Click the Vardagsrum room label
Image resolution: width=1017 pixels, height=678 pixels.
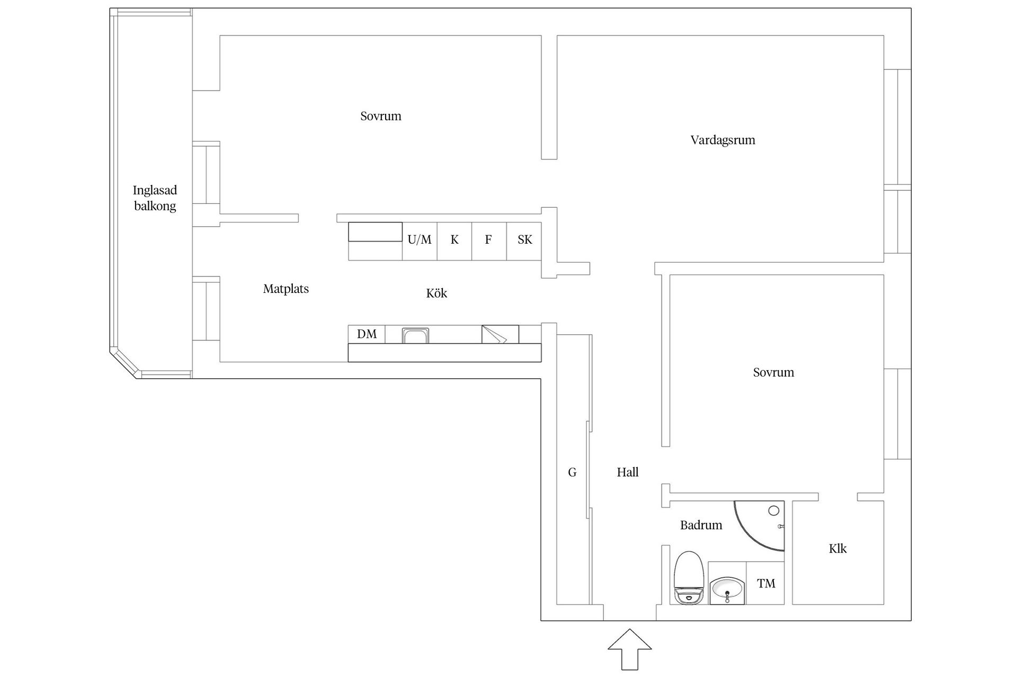pyautogui.click(x=722, y=140)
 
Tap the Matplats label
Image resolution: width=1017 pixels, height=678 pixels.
pyautogui.click(x=286, y=289)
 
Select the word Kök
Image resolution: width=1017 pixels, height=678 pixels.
pyautogui.click(x=436, y=293)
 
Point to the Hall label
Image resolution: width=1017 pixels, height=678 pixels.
pyautogui.click(x=628, y=472)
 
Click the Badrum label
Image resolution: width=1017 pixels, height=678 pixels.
pyautogui.click(x=701, y=525)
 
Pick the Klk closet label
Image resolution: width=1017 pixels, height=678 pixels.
pyautogui.click(x=837, y=548)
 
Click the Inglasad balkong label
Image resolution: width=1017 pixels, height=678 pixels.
pyautogui.click(x=155, y=198)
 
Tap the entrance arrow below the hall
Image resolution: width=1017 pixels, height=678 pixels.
pyautogui.click(x=629, y=649)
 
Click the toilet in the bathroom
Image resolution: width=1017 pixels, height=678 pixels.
pyautogui.click(x=689, y=578)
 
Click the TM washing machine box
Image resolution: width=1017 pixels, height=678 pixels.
pyautogui.click(x=765, y=583)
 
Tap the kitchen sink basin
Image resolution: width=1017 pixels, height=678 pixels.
pyautogui.click(x=415, y=336)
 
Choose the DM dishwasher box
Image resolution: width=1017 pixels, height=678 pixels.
pyautogui.click(x=367, y=334)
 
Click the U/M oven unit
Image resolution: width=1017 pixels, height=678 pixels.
pyautogui.click(x=420, y=240)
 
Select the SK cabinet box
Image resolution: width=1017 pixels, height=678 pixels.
pyautogui.click(x=524, y=240)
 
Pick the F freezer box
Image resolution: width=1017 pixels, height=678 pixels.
pyautogui.click(x=489, y=240)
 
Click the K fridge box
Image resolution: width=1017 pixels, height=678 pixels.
pyautogui.click(x=454, y=240)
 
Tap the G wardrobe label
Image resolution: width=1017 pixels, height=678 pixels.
pyautogui.click(x=572, y=472)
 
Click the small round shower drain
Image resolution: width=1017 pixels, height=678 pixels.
pyautogui.click(x=774, y=511)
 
